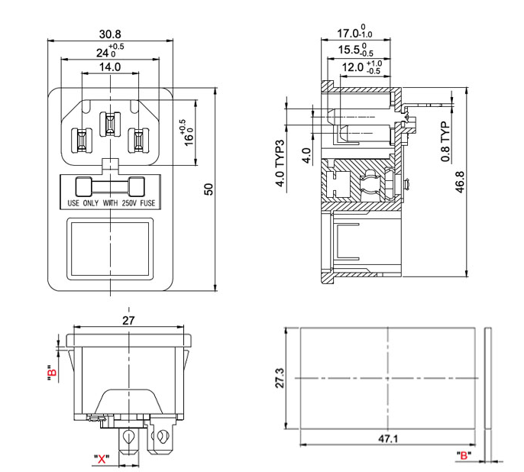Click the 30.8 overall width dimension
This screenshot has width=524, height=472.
[x=110, y=33]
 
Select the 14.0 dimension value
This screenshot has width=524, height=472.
[x=110, y=67]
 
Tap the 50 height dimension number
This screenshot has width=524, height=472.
[x=209, y=189]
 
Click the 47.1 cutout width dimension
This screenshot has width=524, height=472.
[x=389, y=439]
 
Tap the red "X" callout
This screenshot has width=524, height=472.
[x=101, y=459]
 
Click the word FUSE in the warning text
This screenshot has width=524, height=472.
[x=149, y=205]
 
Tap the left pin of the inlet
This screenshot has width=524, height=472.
[x=82, y=140]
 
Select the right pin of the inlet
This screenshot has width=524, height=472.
[x=138, y=140]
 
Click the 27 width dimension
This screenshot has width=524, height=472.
[x=128, y=321]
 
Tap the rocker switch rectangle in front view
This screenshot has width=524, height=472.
[x=110, y=246]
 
